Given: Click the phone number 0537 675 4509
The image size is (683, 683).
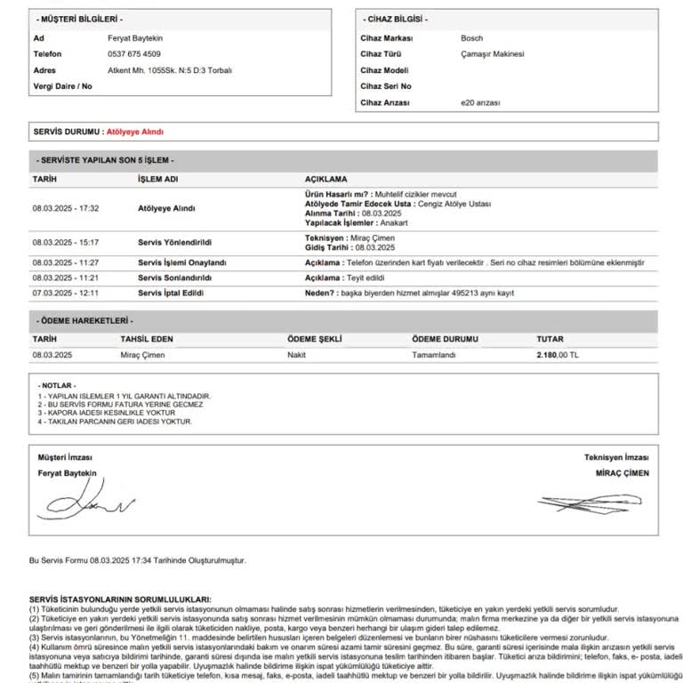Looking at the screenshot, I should point(133,54).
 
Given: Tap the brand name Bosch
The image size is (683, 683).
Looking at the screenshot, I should point(471,39).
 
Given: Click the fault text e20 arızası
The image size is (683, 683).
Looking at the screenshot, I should point(480,103).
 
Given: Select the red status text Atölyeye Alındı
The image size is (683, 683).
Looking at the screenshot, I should point(134,132).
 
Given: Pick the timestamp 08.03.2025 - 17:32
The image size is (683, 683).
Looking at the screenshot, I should point(65,208).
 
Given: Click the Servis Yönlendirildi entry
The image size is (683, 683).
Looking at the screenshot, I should point(175,242).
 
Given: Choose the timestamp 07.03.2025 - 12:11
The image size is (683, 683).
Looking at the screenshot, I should point(65,293).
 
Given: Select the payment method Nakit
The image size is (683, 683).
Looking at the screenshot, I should point(296,354).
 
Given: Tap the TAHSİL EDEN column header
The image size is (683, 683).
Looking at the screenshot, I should point(147,339).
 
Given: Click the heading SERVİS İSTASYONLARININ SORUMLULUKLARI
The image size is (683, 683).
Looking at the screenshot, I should point(115,599).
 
